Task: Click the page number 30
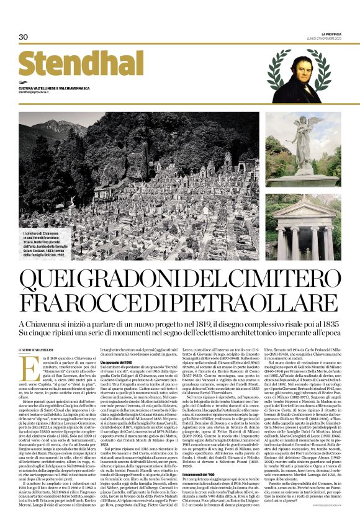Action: coord(24,37)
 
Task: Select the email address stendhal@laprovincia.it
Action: coord(40,92)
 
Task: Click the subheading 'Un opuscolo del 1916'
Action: coord(120,362)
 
